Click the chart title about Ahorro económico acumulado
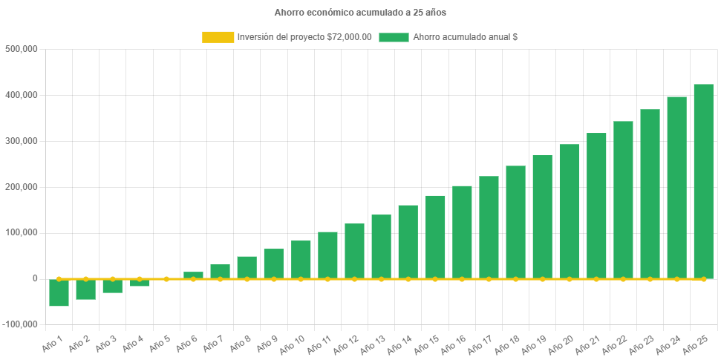pyautogui.click(x=360, y=13)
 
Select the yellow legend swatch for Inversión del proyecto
pyautogui.click(x=218, y=37)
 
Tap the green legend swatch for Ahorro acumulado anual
pyautogui.click(x=394, y=37)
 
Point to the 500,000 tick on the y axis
pyautogui.click(x=22, y=49)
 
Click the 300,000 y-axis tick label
pyautogui.click(x=22, y=141)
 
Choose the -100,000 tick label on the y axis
pyautogui.click(x=20, y=324)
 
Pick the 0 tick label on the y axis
pyautogui.click(x=34, y=278)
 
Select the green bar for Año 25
pyautogui.click(x=703, y=181)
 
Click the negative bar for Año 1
pyautogui.click(x=59, y=292)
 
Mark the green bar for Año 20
pyautogui.click(x=569, y=211)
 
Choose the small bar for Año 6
pyautogui.click(x=193, y=275)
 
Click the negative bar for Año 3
pyautogui.click(x=113, y=286)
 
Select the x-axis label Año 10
pyautogui.click(x=294, y=344)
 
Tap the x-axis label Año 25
pyautogui.click(x=697, y=344)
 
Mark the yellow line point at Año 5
pyautogui.click(x=166, y=279)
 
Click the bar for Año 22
pyautogui.click(x=623, y=200)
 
